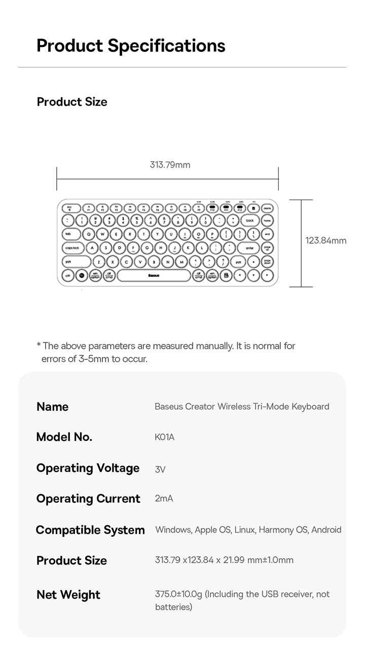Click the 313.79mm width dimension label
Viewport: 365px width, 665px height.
click(x=170, y=165)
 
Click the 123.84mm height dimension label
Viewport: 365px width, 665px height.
click(x=325, y=240)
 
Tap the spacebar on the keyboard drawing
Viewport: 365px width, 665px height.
click(x=154, y=276)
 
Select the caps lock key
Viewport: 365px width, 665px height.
click(x=72, y=248)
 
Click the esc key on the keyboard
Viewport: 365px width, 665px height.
click(x=69, y=208)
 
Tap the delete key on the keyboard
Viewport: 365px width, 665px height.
click(x=267, y=208)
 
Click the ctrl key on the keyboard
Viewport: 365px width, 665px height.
click(x=67, y=276)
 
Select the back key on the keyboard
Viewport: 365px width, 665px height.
click(x=249, y=221)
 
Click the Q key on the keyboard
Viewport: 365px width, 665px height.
click(x=89, y=235)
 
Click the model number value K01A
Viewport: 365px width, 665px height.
click(x=164, y=437)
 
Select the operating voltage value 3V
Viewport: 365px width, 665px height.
click(x=160, y=469)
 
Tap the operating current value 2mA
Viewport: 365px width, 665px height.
click(x=164, y=499)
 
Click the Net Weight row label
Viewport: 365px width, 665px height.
click(x=68, y=595)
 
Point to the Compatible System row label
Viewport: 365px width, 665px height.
click(x=90, y=530)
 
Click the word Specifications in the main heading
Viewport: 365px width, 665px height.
click(x=166, y=46)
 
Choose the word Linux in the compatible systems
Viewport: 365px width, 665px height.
click(x=245, y=530)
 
